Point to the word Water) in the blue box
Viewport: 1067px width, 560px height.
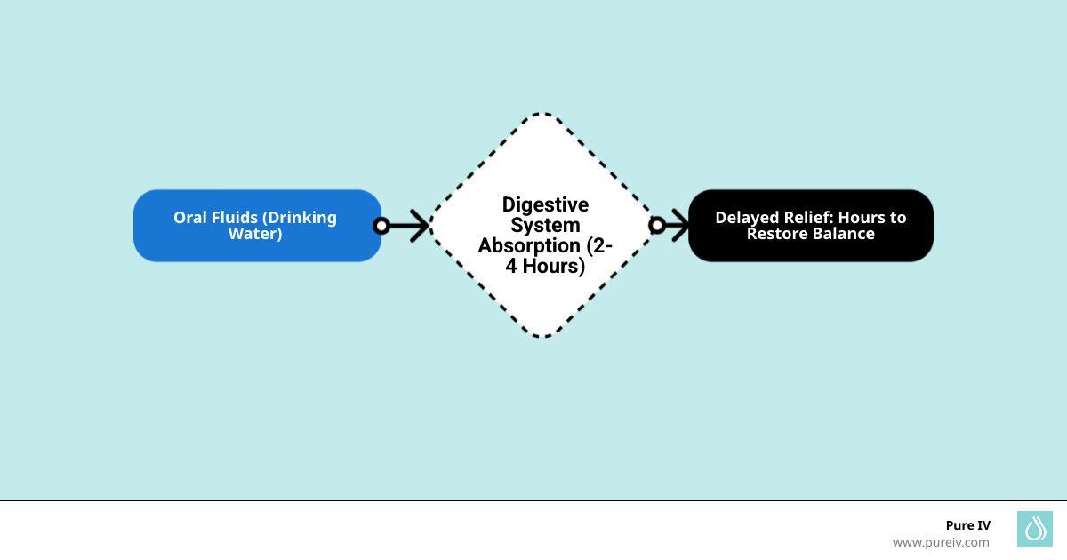(255, 234)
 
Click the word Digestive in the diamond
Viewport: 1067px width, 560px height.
(545, 205)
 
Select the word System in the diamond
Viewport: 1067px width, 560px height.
(545, 226)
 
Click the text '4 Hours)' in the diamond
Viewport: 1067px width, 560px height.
(545, 266)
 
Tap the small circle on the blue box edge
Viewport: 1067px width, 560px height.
(381, 226)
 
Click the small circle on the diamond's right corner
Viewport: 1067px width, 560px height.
(657, 226)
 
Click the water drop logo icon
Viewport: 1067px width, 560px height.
(1034, 529)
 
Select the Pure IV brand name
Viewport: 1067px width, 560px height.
(967, 525)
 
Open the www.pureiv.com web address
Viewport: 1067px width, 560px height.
(940, 542)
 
